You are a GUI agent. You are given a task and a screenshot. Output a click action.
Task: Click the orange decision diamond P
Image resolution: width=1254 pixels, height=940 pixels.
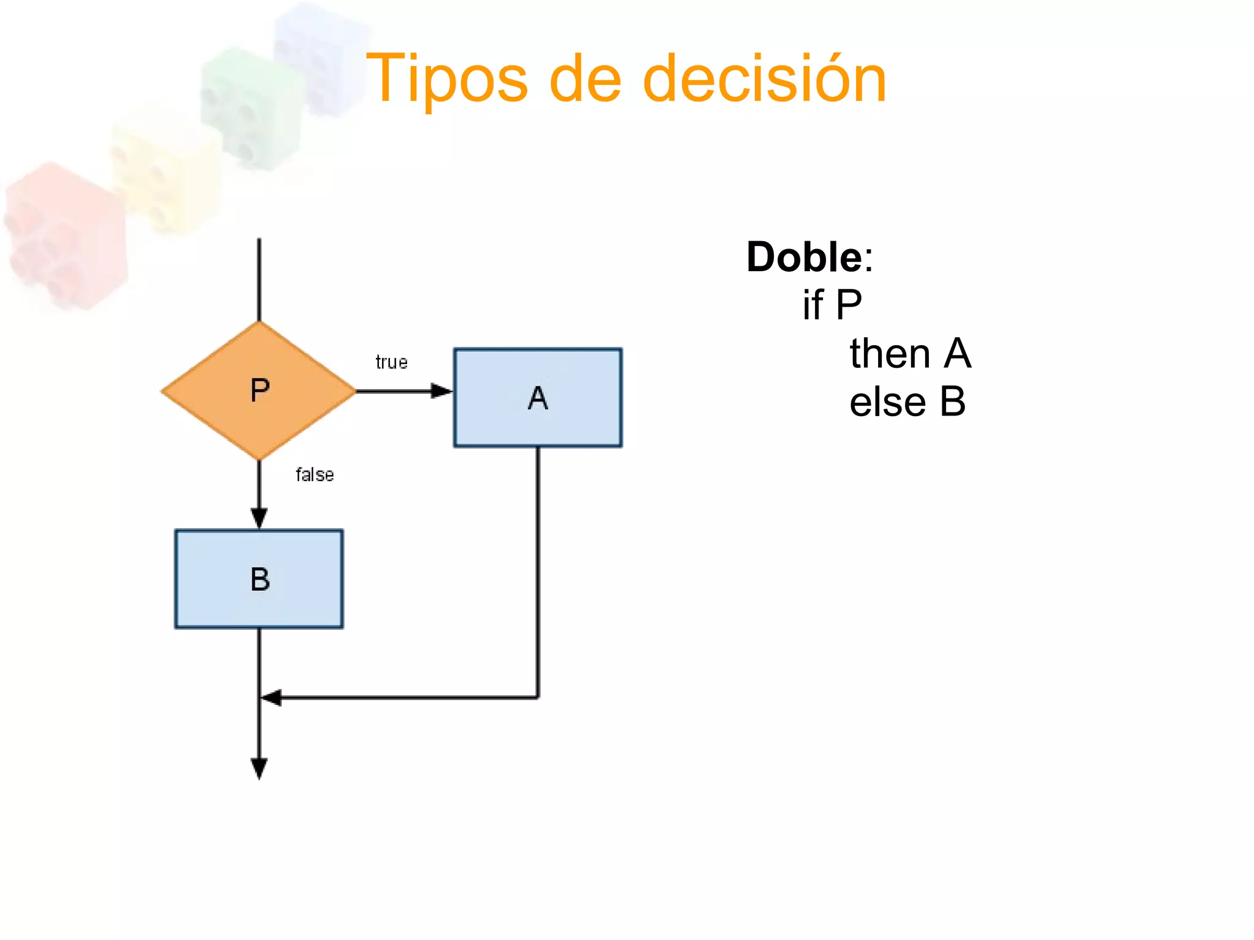click(x=259, y=390)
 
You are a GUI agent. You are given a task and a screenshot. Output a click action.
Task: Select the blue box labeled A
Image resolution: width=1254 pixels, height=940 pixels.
click(x=538, y=398)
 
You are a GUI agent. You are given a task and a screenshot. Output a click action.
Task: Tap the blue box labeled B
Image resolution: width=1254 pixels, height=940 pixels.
click(x=259, y=579)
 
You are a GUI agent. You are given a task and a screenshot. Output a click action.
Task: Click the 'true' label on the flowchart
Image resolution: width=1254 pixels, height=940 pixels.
click(x=391, y=362)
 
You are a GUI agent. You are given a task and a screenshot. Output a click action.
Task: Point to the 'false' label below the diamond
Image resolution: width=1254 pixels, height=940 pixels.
click(x=315, y=475)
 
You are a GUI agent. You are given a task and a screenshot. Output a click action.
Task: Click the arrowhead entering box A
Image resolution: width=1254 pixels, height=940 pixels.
click(x=441, y=391)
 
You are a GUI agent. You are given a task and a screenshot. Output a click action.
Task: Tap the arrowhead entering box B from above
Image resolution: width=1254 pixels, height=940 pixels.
click(x=259, y=518)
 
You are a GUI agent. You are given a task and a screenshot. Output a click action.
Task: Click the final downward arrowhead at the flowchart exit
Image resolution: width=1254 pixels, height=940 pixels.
click(x=259, y=768)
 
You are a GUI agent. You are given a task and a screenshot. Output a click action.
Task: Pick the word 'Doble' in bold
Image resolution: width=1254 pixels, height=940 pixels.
click(x=804, y=257)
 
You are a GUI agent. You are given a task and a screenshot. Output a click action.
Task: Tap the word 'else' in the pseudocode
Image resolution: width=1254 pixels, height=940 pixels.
click(x=887, y=403)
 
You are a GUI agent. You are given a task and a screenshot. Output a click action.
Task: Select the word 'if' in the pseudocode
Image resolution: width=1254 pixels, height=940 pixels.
click(x=813, y=305)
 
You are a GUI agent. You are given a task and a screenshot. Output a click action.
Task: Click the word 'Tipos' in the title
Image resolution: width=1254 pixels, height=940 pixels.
click(x=446, y=80)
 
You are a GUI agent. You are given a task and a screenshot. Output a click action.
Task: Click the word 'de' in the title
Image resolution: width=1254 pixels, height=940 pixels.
click(x=585, y=80)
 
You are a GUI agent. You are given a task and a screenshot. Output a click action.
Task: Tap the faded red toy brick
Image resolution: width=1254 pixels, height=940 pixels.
click(x=64, y=236)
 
